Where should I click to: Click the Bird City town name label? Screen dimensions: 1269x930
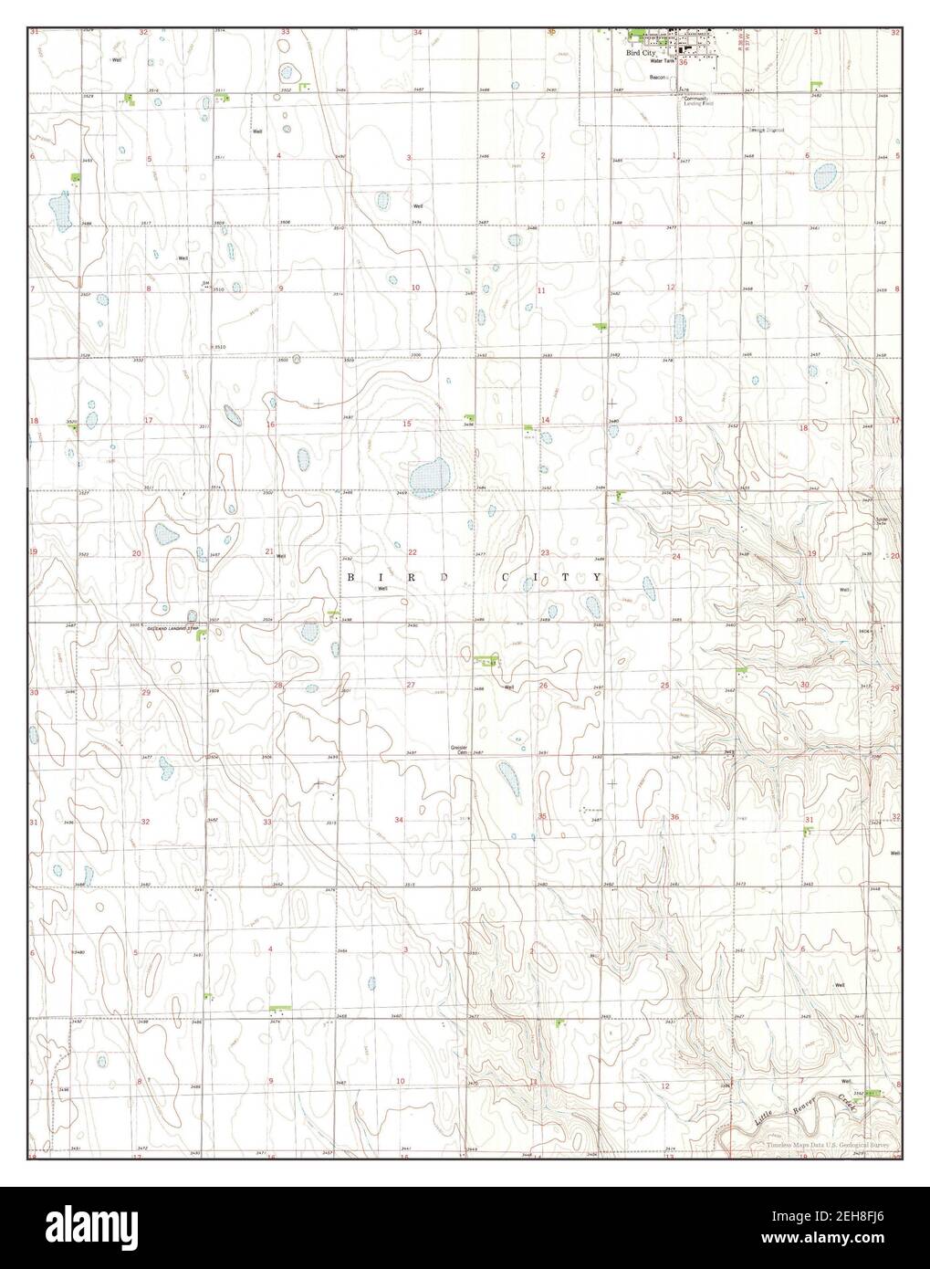pos(643,54)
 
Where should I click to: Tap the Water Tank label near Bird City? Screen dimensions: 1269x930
pos(663,61)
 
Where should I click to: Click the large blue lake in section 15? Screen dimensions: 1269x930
pos(426,478)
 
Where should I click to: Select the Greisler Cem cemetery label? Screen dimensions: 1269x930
pos(459,749)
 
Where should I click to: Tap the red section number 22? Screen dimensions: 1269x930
pos(413,552)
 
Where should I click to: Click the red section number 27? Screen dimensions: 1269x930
pos(411,685)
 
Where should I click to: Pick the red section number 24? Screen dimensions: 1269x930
pos(677,556)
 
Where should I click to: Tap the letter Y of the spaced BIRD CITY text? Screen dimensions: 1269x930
pos(597,578)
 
